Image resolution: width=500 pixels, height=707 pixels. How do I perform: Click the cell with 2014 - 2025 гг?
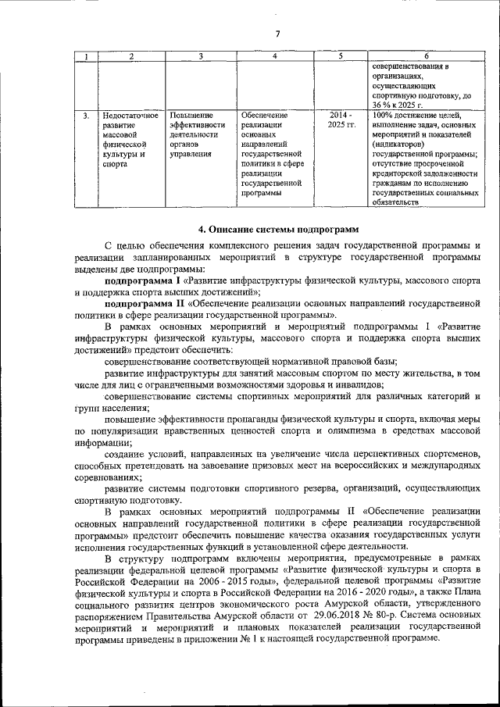click(341, 120)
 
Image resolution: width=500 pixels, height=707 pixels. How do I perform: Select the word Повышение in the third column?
click(190, 116)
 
